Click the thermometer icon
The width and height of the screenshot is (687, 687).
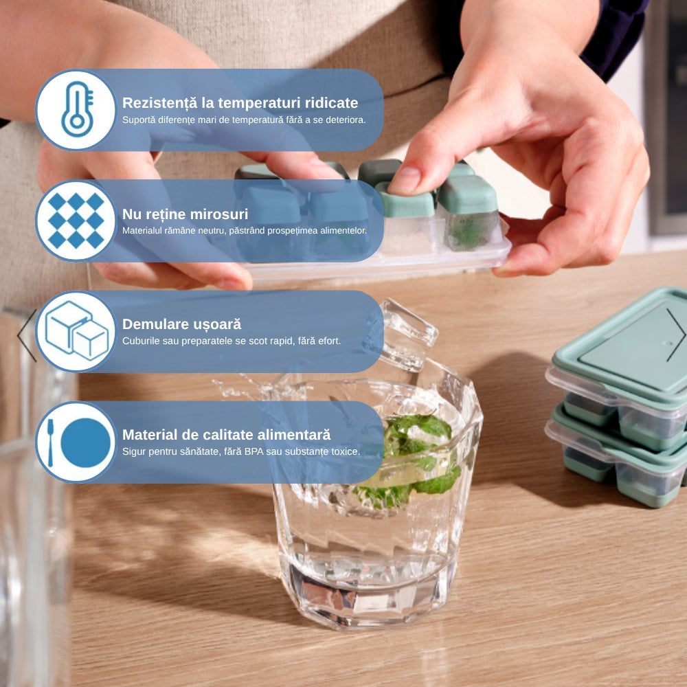coord(78,109)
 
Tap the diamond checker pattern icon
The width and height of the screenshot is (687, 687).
coord(76,221)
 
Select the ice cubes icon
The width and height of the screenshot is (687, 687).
coord(77,331)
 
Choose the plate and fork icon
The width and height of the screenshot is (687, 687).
coord(79,442)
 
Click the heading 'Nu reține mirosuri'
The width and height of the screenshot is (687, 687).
coord(185,214)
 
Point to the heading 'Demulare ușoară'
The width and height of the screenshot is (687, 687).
coord(182,324)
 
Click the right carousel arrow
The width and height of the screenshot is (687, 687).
coord(675,335)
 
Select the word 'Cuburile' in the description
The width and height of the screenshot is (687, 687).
coord(139,341)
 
